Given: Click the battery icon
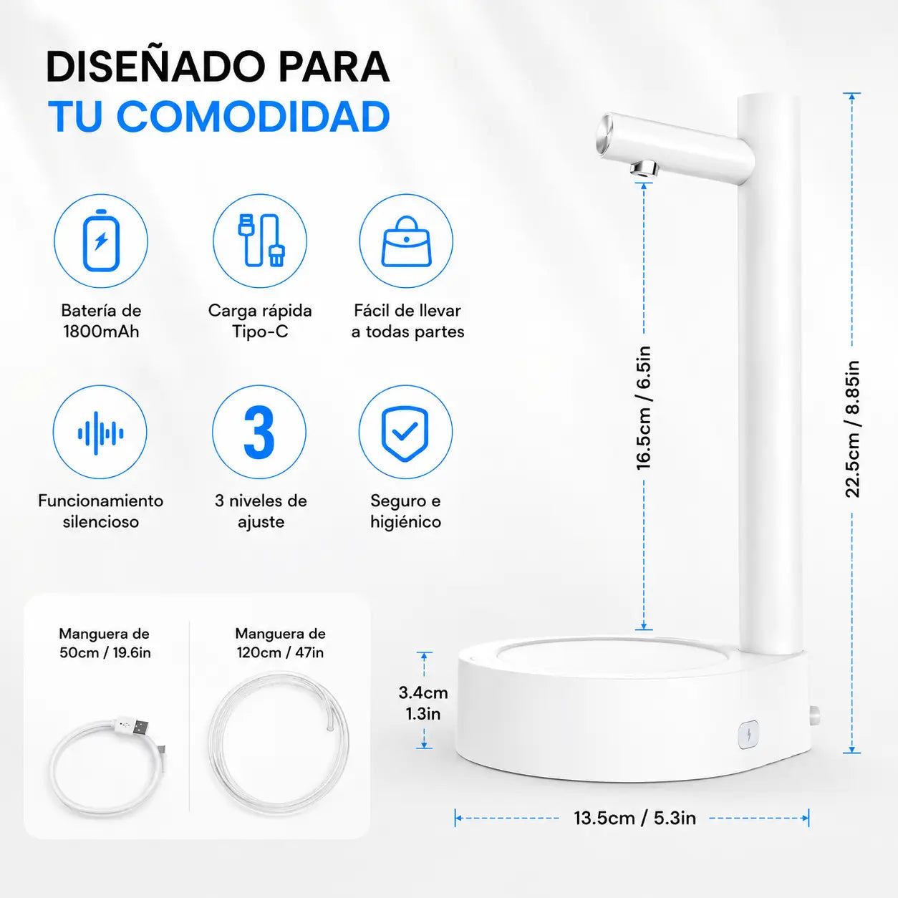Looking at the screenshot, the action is click(x=101, y=241).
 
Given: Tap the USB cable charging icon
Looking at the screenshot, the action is click(x=261, y=241).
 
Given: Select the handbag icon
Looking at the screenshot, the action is click(x=406, y=241).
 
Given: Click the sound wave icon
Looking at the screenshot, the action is click(x=101, y=433).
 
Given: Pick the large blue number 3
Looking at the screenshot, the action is click(x=259, y=433).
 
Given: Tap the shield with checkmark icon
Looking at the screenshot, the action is click(x=405, y=433).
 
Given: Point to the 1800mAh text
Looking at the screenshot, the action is click(x=101, y=332).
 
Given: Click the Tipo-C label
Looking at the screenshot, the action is click(x=260, y=332).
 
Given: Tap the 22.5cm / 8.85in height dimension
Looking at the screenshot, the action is click(x=852, y=429).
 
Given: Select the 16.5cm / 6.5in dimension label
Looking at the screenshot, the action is click(x=644, y=408).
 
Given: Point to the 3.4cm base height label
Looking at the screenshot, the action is click(x=423, y=693).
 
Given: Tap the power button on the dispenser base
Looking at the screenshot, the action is click(x=748, y=735).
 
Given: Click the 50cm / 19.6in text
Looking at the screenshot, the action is click(x=105, y=652).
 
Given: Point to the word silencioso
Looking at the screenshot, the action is click(x=101, y=521).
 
